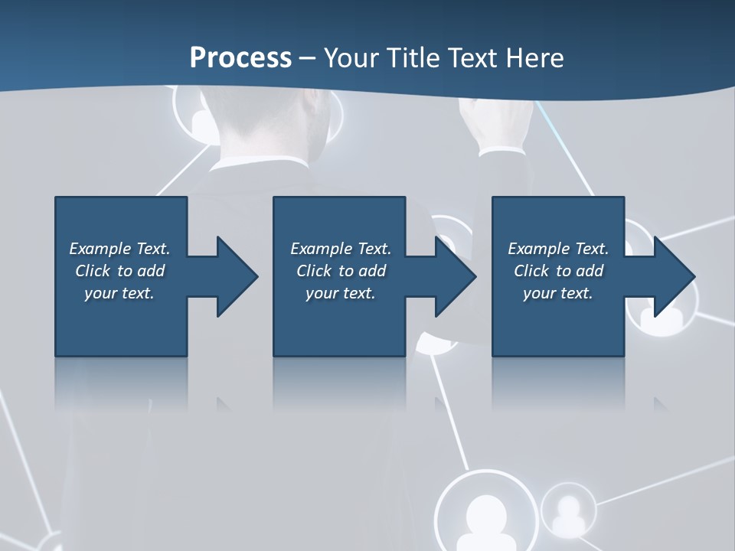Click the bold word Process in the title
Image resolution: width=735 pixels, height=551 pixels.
pyautogui.click(x=240, y=58)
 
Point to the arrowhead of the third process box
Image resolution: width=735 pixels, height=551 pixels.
pyautogui.click(x=674, y=276)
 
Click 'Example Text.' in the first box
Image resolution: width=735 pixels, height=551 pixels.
pyautogui.click(x=119, y=249)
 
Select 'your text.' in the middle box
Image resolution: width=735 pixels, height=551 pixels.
pyautogui.click(x=340, y=293)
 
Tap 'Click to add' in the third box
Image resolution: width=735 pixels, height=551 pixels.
pyautogui.click(x=558, y=271)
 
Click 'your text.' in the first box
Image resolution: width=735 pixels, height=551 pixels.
pyautogui.click(x=119, y=293)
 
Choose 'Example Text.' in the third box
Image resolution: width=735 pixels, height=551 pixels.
pyautogui.click(x=558, y=249)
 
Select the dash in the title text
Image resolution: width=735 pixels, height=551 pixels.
pyautogui.click(x=308, y=58)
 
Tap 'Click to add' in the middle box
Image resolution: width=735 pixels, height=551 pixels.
pyautogui.click(x=340, y=271)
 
